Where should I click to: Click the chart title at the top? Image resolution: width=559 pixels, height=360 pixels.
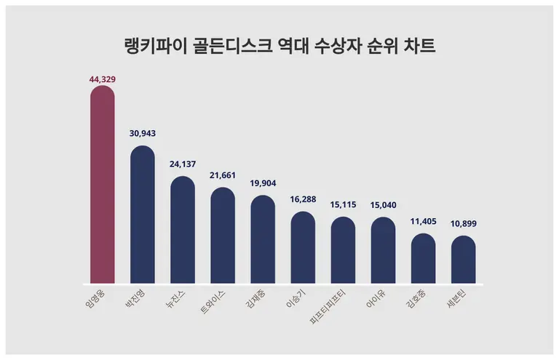click(x=279, y=47)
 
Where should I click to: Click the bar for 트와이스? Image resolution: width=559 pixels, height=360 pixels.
click(x=223, y=236)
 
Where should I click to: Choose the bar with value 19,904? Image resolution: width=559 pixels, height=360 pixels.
click(x=263, y=240)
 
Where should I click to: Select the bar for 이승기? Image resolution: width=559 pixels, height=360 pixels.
click(x=303, y=248)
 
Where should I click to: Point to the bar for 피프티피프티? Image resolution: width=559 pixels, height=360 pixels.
click(x=343, y=251)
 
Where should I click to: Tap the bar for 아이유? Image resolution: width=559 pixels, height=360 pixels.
click(x=383, y=251)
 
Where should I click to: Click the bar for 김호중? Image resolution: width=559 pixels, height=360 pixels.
click(x=423, y=259)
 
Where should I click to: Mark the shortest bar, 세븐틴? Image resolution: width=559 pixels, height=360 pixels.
click(x=463, y=260)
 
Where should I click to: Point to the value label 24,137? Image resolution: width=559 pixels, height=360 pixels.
click(x=183, y=164)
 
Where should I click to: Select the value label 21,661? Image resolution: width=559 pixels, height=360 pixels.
click(x=223, y=176)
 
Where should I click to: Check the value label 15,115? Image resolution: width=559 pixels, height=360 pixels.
click(x=343, y=205)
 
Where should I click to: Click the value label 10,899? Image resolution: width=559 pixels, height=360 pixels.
click(x=463, y=223)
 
